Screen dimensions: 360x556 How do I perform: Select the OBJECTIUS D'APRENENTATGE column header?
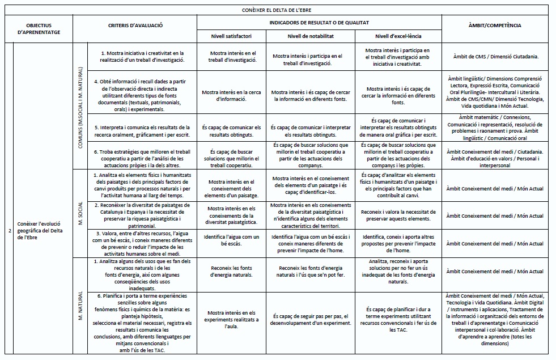click(x=39, y=29)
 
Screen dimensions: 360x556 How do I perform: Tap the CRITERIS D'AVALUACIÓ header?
click(x=135, y=26)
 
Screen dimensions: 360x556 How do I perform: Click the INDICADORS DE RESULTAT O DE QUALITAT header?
click(x=319, y=23)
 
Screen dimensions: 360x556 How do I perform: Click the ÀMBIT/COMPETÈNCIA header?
click(x=495, y=26)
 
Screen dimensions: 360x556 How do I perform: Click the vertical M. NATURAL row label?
click(x=80, y=306)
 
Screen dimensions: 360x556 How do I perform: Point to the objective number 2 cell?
click(x=10, y=231)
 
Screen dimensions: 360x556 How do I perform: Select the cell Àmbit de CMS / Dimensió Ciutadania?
click(x=495, y=57)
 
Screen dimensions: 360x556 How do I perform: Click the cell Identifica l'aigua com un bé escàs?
click(x=231, y=240)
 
